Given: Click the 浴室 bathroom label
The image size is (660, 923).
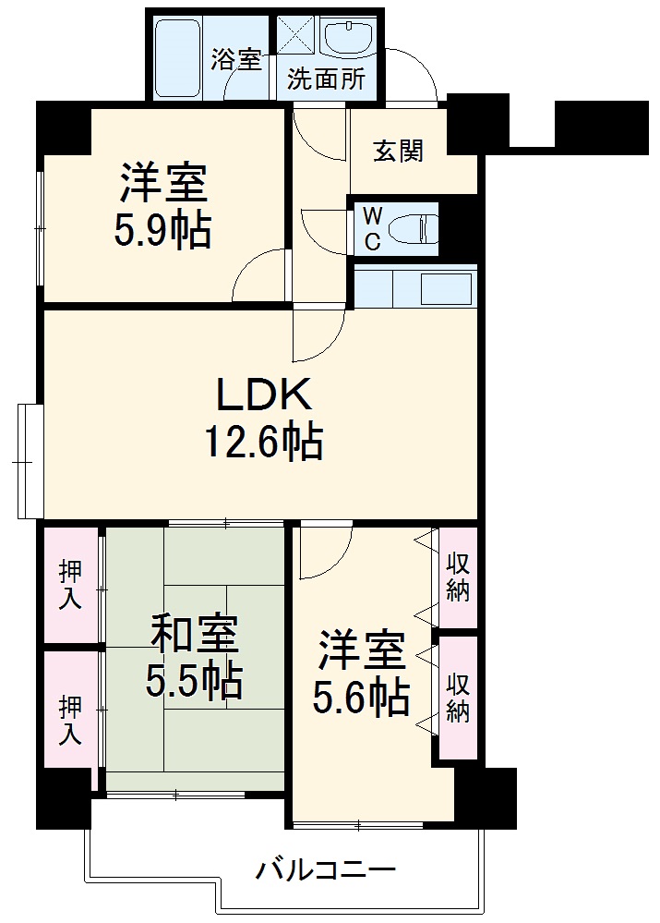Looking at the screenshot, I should click(235, 60).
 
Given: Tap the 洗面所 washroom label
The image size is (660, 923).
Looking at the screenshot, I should click(325, 79).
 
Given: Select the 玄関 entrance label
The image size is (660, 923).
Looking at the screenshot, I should click(398, 151).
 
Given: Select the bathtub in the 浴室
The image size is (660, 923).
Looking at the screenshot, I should click(178, 57).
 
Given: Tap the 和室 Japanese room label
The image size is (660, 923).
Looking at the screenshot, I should click(194, 636).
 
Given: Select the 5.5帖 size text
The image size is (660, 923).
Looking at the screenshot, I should click(194, 682).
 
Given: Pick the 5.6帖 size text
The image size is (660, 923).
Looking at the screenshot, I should click(361, 697).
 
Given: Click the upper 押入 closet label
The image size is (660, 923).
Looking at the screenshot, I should click(70, 584).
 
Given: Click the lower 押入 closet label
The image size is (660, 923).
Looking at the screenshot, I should click(70, 720).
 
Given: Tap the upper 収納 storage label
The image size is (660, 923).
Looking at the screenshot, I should click(458, 577).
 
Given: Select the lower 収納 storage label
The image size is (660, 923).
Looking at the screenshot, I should click(458, 698).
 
